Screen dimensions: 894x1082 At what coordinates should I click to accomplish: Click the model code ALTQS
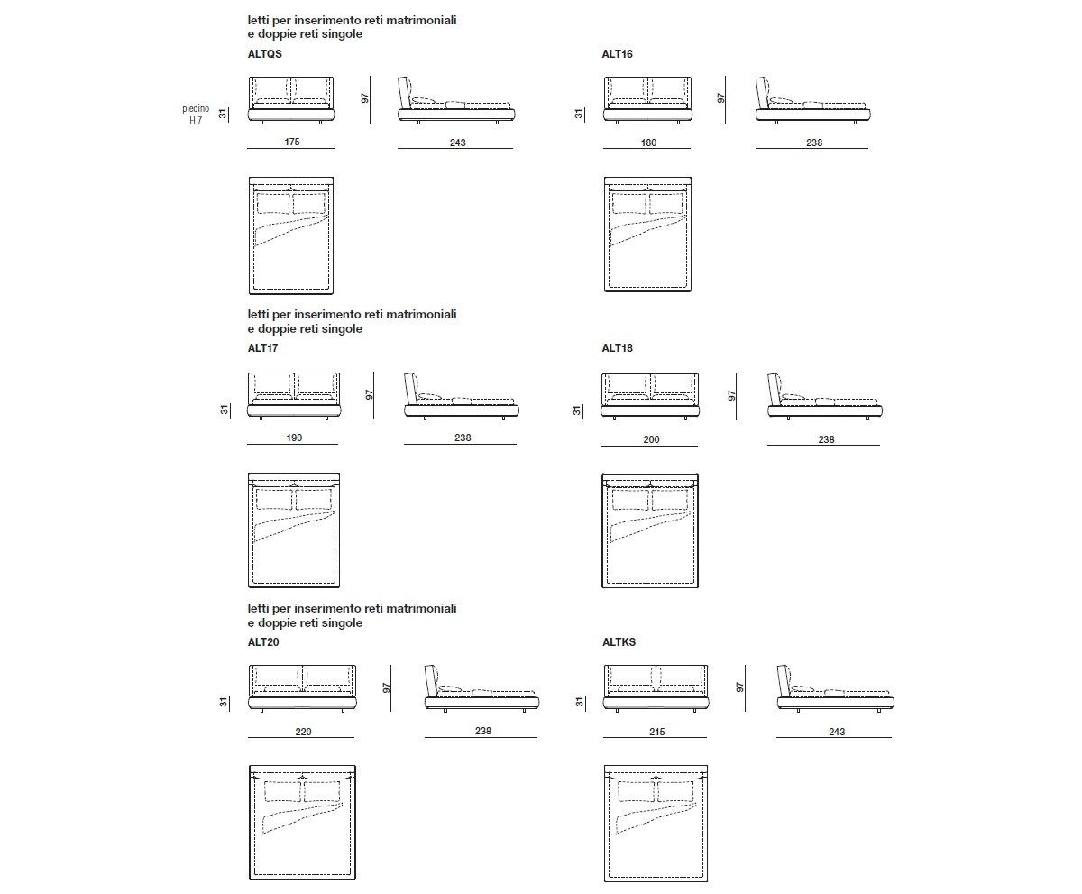pyautogui.click(x=264, y=54)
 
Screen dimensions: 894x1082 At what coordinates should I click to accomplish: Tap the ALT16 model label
pyautogui.click(x=617, y=54)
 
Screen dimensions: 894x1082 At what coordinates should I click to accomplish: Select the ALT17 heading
pyautogui.click(x=262, y=348)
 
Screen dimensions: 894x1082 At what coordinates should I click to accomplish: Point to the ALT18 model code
pyautogui.click(x=617, y=348)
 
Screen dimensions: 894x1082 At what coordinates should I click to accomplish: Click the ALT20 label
pyautogui.click(x=262, y=642)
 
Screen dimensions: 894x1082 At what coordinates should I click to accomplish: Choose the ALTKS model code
pyautogui.click(x=619, y=642)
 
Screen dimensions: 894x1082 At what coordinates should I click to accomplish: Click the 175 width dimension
pyautogui.click(x=290, y=143)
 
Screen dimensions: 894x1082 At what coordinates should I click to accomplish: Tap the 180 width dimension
pyautogui.click(x=647, y=143)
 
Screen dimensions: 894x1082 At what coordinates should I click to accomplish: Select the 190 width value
pyautogui.click(x=294, y=438)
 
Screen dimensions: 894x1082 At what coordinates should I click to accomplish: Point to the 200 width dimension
pyautogui.click(x=651, y=439)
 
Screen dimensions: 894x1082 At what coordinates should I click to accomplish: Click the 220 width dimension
pyautogui.click(x=303, y=733)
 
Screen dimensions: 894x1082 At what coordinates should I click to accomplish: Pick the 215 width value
pyautogui.click(x=656, y=733)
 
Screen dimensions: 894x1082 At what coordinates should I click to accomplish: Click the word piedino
pyautogui.click(x=196, y=108)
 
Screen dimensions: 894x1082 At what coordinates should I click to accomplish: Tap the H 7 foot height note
pyautogui.click(x=196, y=120)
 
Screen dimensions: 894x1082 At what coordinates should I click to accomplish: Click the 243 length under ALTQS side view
pyautogui.click(x=457, y=143)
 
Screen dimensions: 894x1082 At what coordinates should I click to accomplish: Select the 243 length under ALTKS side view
pyautogui.click(x=836, y=733)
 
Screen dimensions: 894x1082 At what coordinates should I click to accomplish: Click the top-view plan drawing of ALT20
pyautogui.click(x=303, y=824)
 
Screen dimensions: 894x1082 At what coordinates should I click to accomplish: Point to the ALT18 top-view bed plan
pyautogui.click(x=649, y=530)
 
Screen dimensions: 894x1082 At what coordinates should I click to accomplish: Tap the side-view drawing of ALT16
pyautogui.click(x=812, y=101)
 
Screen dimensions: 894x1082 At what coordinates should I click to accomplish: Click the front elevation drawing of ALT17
pyautogui.click(x=294, y=397)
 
